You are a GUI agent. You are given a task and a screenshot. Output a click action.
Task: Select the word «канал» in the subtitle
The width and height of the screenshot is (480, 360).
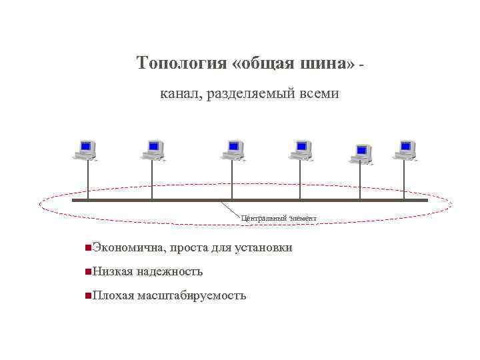point(180,95)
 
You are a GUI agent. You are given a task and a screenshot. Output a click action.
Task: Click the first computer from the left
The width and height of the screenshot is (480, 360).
point(86,150)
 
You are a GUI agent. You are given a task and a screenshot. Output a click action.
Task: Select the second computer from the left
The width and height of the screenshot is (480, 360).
point(153,150)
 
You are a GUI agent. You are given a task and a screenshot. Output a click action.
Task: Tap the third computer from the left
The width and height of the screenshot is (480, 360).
point(233,150)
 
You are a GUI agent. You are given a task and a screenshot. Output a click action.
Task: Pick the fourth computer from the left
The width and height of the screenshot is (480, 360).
point(301,150)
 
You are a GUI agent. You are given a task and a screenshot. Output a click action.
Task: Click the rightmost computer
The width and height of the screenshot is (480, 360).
point(405,150)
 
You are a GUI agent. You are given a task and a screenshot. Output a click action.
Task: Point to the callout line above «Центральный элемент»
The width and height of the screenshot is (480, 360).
point(231,209)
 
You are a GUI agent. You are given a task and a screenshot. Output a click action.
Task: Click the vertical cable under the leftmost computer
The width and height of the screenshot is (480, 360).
point(87,180)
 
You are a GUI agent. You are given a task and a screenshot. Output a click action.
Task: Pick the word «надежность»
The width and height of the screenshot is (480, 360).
point(171,272)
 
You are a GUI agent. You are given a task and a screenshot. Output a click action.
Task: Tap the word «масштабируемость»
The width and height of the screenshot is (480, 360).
point(192,295)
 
